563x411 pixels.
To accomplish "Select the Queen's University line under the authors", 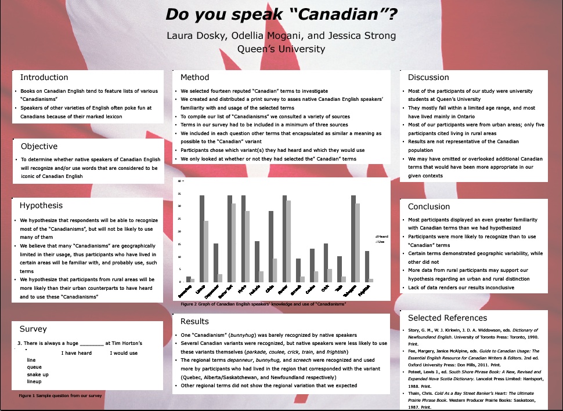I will tap(281, 49).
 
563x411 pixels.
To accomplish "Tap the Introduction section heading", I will tap(44, 77).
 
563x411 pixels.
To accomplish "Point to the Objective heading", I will tap(39, 146).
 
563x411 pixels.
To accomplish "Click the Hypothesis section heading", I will tap(41, 205).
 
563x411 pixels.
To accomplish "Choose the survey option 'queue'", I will tap(34, 367).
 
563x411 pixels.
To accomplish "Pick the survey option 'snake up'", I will tap(38, 374).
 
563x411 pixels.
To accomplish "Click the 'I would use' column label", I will tap(124, 353).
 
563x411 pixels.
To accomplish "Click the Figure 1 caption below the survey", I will tap(60, 395).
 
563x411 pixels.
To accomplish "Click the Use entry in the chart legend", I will tap(381, 242).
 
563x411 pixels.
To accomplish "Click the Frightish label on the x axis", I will tap(364, 289).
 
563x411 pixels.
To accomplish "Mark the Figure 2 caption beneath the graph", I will tap(264, 304).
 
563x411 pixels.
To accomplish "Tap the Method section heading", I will tap(194, 77).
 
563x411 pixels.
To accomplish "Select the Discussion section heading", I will tap(428, 77).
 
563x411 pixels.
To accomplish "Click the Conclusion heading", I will tap(429, 206).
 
